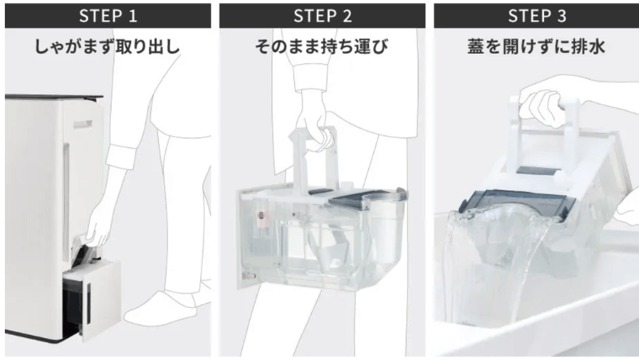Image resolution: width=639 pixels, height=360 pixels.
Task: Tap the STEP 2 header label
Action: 319,14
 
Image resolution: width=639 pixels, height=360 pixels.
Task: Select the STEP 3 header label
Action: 534,14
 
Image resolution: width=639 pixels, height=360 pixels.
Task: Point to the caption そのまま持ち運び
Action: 319,47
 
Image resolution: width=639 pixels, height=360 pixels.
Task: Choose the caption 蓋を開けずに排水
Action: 534,47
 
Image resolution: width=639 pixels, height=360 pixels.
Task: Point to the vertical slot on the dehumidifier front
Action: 82,126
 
